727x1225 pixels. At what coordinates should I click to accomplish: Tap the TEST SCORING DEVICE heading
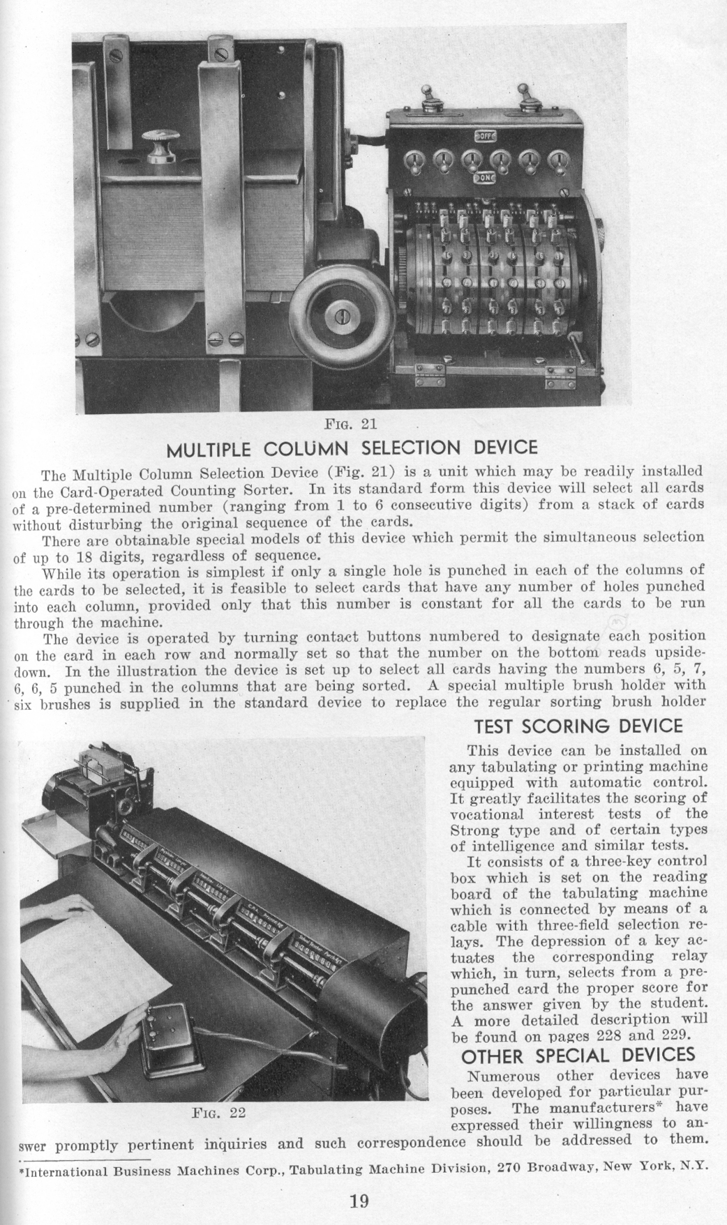point(578,726)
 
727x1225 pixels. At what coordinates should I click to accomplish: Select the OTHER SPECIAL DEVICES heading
point(578,1053)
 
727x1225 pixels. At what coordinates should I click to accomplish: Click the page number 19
point(359,1200)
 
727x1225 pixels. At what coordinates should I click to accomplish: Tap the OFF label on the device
point(485,136)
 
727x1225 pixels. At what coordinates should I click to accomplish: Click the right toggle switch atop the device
point(523,95)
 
